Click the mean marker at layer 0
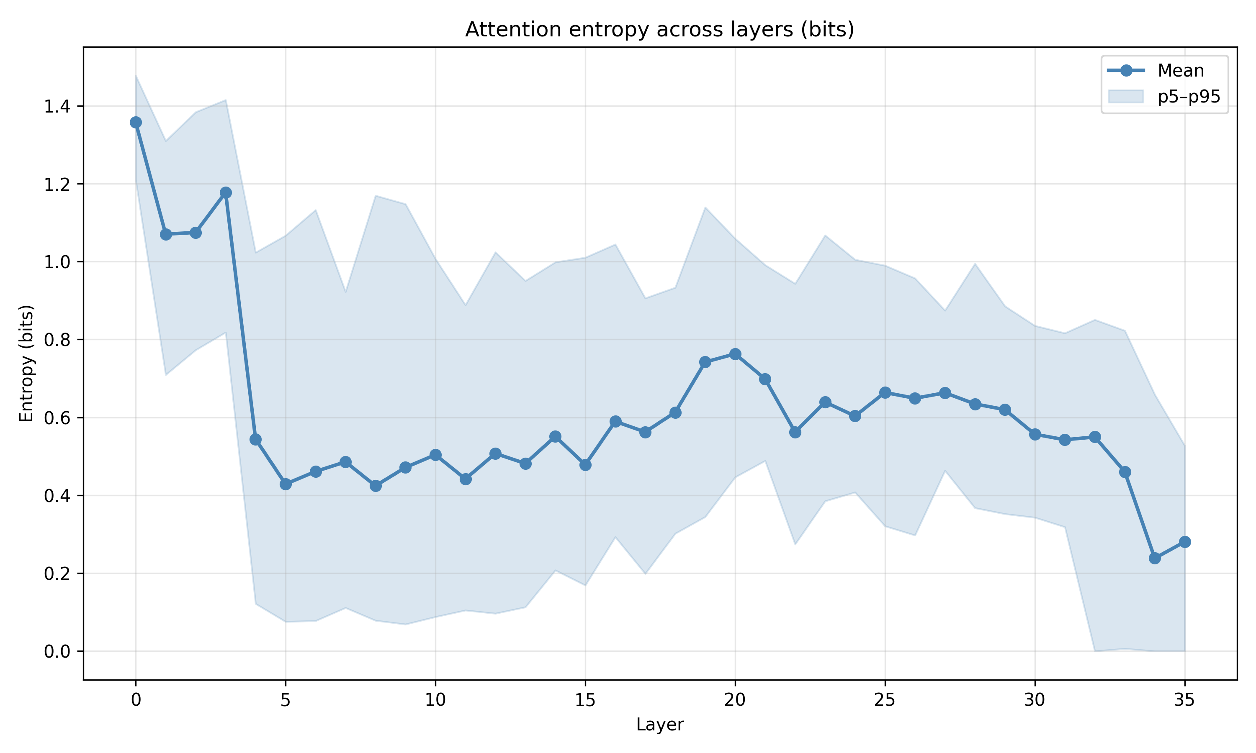136,122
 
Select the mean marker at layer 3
226,193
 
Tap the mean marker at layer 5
286,484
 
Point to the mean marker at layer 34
1155,558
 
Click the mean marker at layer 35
1185,542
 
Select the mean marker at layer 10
435,455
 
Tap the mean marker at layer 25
885,392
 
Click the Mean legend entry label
1180,71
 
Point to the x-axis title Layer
659,725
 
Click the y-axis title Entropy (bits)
26,363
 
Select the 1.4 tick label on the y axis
57,107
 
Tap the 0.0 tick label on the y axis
57,651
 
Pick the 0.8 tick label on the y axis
57,340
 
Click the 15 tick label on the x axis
585,700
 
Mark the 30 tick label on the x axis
1035,700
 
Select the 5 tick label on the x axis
286,700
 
